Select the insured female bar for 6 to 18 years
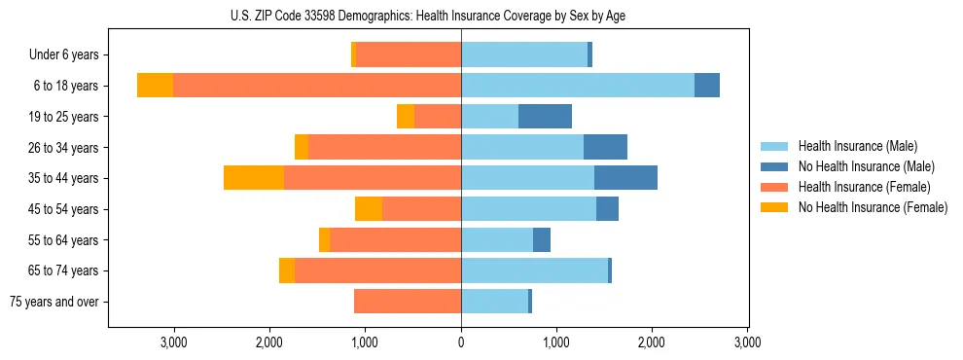[317, 86]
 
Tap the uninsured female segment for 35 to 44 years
[254, 178]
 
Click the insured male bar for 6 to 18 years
[578, 86]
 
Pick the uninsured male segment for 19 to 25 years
[545, 117]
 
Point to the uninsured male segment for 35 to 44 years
[625, 178]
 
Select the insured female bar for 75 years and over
[408, 302]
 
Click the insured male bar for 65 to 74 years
[534, 270]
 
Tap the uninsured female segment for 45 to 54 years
[369, 209]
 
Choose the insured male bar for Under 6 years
[524, 54]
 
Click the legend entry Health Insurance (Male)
[857, 146]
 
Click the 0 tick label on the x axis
[461, 342]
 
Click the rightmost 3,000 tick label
[747, 342]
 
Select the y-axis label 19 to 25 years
[64, 117]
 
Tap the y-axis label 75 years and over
[54, 302]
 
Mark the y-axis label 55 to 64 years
[64, 240]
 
